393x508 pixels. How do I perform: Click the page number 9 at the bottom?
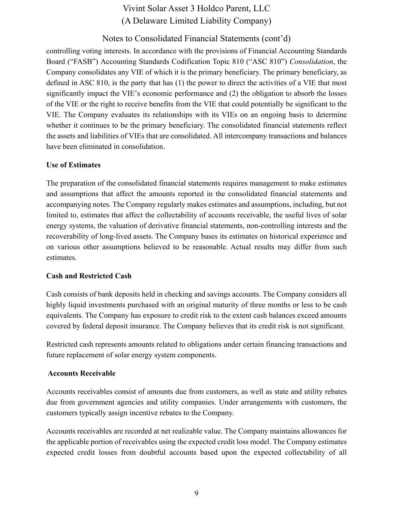196,493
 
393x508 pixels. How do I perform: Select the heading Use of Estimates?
73,165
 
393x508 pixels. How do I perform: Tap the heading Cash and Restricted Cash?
89,276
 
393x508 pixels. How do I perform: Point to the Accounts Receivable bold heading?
82,373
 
